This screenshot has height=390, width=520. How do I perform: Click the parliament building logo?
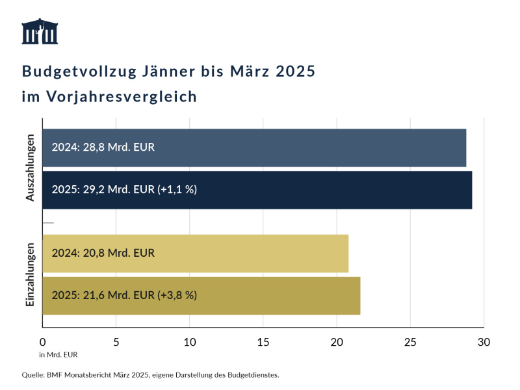click(40, 32)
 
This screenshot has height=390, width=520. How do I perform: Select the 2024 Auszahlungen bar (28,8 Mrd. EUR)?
click(254, 148)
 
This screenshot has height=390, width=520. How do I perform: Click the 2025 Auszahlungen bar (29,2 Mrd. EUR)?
click(257, 190)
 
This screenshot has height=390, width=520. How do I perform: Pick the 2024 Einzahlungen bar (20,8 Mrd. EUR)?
click(195, 253)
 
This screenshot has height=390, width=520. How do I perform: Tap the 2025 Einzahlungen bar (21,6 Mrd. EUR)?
click(201, 295)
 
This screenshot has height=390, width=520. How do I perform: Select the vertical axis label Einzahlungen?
click(30, 274)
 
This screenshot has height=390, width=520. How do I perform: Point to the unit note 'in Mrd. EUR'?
click(58, 354)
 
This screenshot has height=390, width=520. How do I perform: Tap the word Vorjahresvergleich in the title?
click(122, 97)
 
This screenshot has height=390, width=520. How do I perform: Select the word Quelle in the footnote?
click(33, 375)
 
